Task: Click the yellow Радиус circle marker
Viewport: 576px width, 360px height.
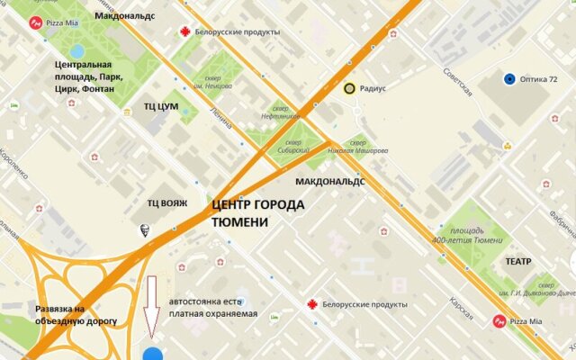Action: [348, 88]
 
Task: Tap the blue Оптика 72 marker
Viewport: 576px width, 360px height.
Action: [510, 79]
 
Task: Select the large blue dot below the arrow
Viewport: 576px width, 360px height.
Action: [153, 353]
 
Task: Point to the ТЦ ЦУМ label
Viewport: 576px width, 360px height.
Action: [161, 106]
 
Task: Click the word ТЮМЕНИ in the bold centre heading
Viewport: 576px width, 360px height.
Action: [240, 222]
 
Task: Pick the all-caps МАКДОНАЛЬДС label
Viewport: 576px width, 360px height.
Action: [329, 181]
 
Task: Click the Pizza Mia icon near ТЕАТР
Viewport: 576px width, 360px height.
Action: [499, 321]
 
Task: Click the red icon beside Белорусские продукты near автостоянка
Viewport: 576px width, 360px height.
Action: [311, 304]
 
